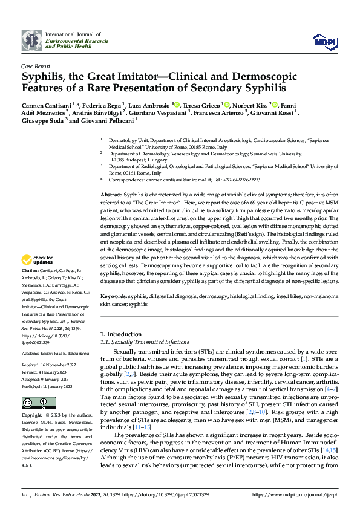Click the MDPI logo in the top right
tap(324, 41)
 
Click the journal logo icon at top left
tap(31, 41)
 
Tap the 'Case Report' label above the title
tap(36, 66)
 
